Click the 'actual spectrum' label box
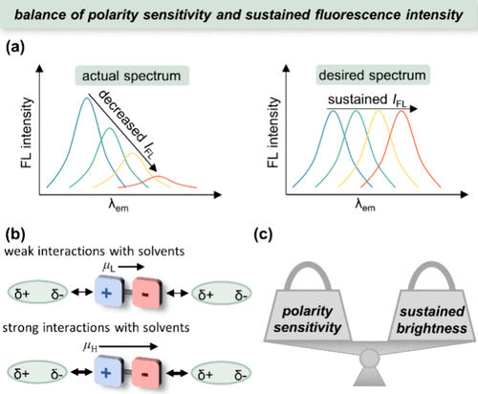(132, 76)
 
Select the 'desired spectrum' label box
(373, 76)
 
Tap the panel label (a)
(15, 49)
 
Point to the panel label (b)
(15, 234)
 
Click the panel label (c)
(263, 235)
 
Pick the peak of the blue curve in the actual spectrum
(86, 98)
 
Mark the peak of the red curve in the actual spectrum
(159, 176)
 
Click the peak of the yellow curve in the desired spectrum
(379, 111)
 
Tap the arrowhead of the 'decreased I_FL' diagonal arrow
(154, 168)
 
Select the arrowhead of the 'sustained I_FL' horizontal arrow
(414, 109)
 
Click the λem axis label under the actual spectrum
(119, 206)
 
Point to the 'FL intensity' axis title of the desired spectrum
(273, 133)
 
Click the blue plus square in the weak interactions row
(108, 293)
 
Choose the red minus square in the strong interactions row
(146, 373)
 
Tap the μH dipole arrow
(129, 347)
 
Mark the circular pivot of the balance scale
(370, 359)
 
